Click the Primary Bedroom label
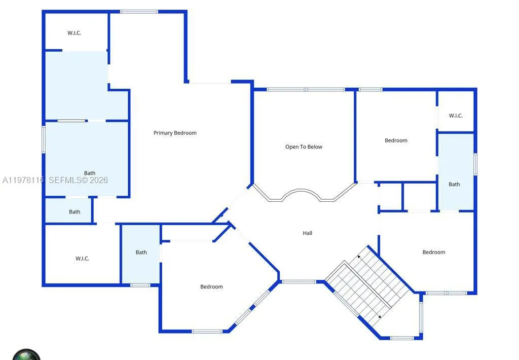pyautogui.click(x=175, y=133)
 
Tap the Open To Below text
pyautogui.click(x=304, y=147)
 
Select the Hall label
pyautogui.click(x=308, y=233)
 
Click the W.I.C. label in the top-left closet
pyautogui.click(x=75, y=33)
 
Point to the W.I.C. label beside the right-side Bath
pyautogui.click(x=456, y=116)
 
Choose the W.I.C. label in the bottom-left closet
pyautogui.click(x=82, y=259)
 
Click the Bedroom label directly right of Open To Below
pyautogui.click(x=396, y=140)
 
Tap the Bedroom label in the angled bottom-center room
pyautogui.click(x=211, y=287)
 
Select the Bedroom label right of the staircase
pyautogui.click(x=434, y=252)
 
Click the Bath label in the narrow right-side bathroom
pyautogui.click(x=454, y=184)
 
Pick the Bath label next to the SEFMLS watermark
pyautogui.click(x=90, y=173)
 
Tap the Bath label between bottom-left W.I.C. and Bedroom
pyautogui.click(x=141, y=252)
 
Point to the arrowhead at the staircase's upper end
pyautogui.click(x=359, y=257)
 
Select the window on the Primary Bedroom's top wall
pyautogui.click(x=139, y=12)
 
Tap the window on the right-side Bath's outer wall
pyautogui.click(x=475, y=164)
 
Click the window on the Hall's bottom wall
pyautogui.click(x=299, y=281)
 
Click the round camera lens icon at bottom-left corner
pyautogui.click(x=26, y=354)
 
